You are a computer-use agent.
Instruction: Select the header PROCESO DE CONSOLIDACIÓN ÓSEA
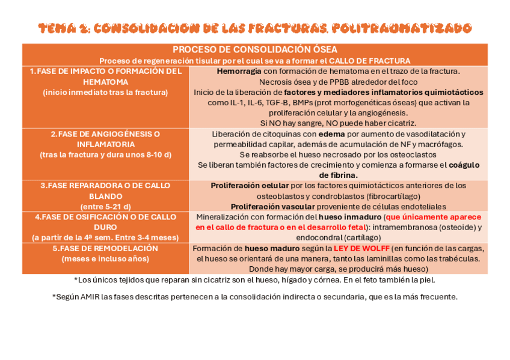click(255, 49)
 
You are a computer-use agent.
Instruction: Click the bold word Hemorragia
click(239, 71)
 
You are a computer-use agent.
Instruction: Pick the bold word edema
click(332, 134)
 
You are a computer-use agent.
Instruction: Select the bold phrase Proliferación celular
click(250, 186)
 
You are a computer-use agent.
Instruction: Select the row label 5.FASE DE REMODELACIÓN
click(105, 248)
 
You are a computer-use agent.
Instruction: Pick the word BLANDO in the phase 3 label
click(105, 196)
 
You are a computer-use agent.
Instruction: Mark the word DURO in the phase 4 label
click(105, 227)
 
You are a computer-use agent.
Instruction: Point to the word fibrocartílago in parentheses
click(391, 196)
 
